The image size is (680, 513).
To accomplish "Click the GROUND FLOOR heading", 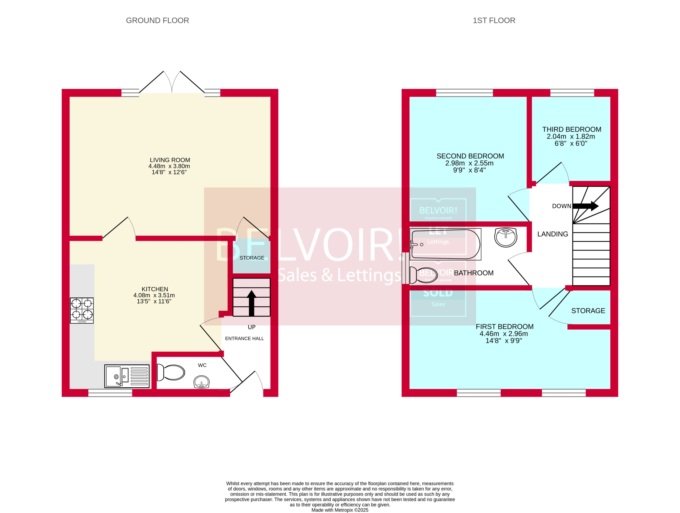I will click(157, 21).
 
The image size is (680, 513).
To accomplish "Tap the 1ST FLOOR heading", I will click(494, 21).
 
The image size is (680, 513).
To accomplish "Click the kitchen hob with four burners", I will click(82, 310).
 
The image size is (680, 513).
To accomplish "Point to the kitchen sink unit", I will click(127, 376).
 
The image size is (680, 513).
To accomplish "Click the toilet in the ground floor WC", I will click(171, 373).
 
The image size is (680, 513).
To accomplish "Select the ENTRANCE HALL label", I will click(244, 338).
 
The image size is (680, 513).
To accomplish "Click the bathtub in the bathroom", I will click(445, 244).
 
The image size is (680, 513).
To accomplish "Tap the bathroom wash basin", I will click(506, 237).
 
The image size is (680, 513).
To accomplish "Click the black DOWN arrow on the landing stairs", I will click(585, 206).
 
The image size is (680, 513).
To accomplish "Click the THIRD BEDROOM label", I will click(571, 129).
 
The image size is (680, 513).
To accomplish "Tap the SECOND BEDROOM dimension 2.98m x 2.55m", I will click(469, 163).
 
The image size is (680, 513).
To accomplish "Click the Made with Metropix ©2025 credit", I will click(340, 510).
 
